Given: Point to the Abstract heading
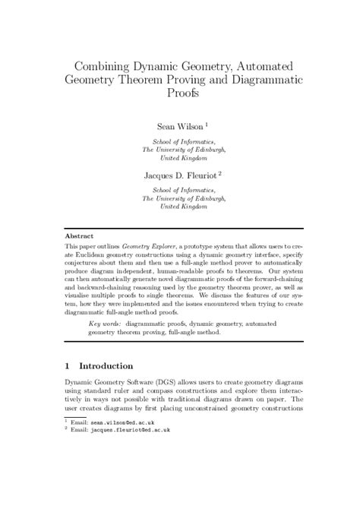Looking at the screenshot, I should click(80, 237).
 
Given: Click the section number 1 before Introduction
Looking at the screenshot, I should click(68, 365).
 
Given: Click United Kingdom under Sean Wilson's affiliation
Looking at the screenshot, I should click(179, 160).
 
